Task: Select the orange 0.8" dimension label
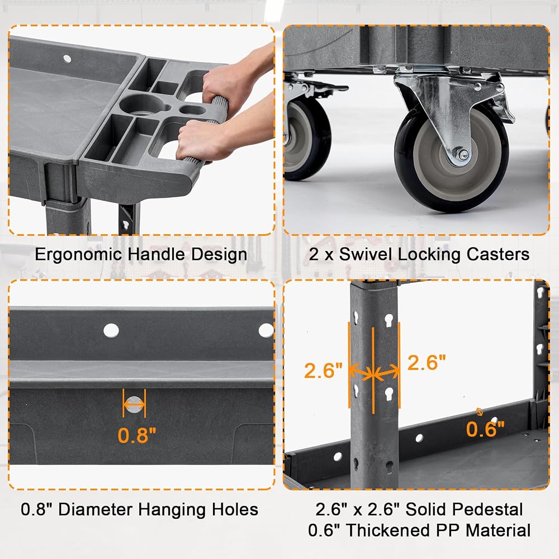click(x=137, y=435)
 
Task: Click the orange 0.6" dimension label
click(x=485, y=429)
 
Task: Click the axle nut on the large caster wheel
click(x=463, y=155)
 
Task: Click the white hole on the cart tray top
click(x=68, y=59)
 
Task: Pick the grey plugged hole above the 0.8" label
click(x=134, y=404)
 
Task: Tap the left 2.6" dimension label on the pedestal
click(x=323, y=371)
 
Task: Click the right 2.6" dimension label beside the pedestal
click(x=427, y=363)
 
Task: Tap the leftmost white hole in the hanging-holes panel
click(x=111, y=331)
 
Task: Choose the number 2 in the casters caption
click(x=314, y=254)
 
